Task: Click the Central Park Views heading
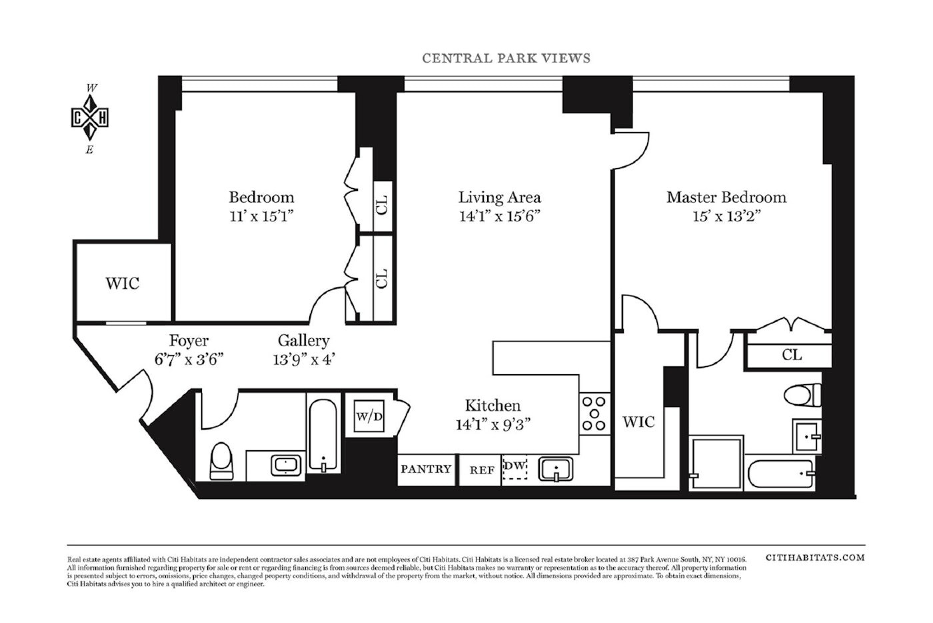[x=506, y=58]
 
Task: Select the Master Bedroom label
[x=726, y=197]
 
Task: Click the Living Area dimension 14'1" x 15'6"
[x=499, y=216]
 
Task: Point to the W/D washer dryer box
[x=369, y=417]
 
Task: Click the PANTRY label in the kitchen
[x=426, y=469]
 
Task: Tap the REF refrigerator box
[x=482, y=470]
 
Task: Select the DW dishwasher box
[x=514, y=468]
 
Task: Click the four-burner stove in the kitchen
[x=593, y=414]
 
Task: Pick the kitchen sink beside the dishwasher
[x=555, y=469]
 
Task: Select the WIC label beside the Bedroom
[x=123, y=283]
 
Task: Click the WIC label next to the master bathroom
[x=638, y=422]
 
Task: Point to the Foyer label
[x=189, y=341]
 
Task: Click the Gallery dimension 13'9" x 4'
[x=303, y=359]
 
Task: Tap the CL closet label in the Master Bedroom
[x=792, y=355]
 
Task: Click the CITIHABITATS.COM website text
[x=815, y=557]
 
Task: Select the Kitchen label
[x=492, y=406]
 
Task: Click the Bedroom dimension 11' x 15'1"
[x=261, y=216]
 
